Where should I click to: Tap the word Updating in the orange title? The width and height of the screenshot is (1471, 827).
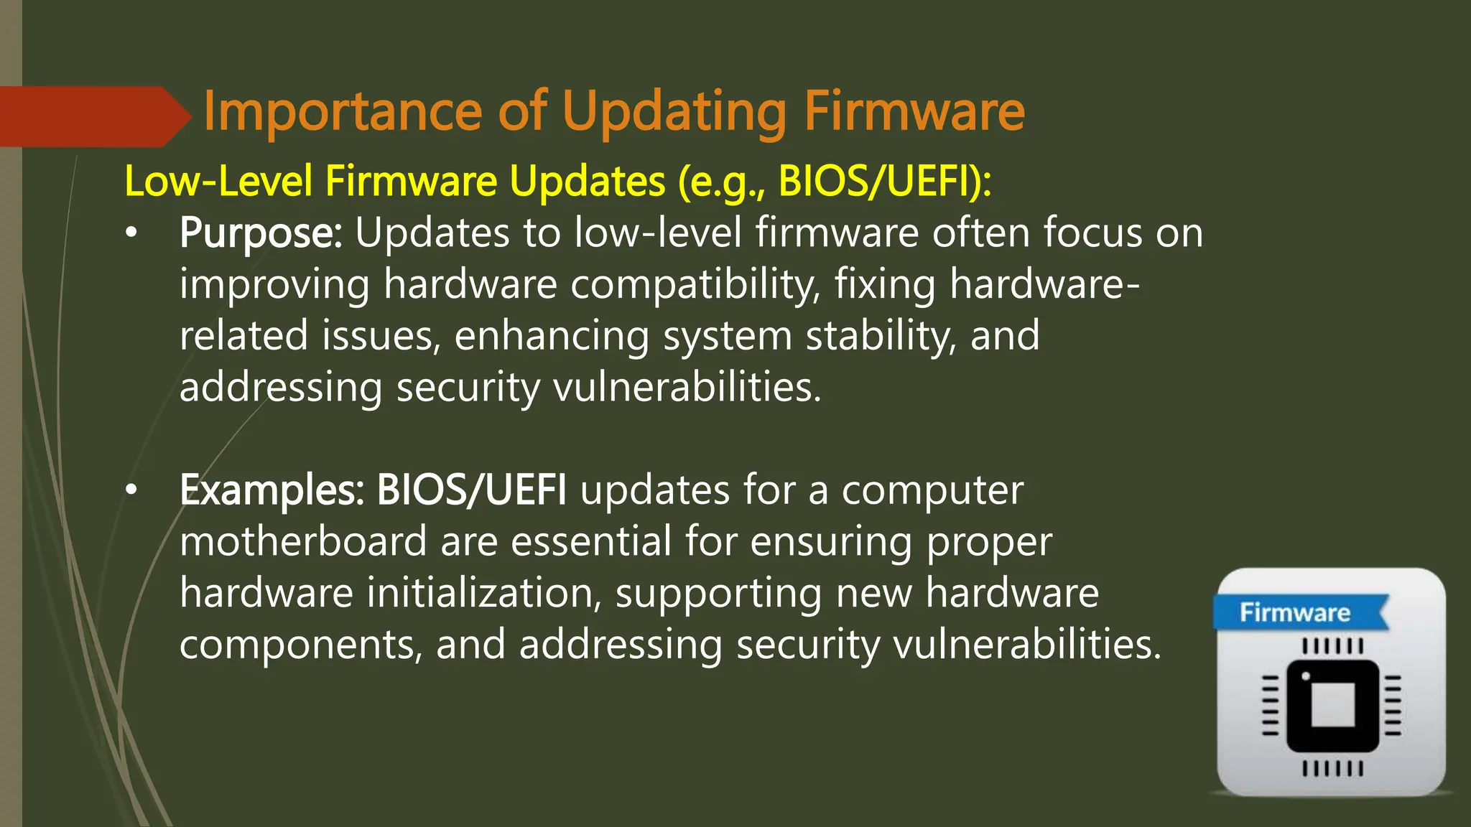pyautogui.click(x=674, y=113)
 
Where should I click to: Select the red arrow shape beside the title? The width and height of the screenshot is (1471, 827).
pyautogui.click(x=93, y=116)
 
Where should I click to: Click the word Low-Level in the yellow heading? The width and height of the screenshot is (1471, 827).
pyautogui.click(x=218, y=181)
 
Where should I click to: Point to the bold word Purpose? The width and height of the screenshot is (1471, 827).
pyautogui.click(x=261, y=234)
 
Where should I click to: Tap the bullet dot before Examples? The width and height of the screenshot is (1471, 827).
pyautogui.click(x=130, y=490)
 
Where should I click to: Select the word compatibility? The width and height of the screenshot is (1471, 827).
pyautogui.click(x=695, y=285)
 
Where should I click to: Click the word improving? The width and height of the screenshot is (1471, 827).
pyautogui.click(x=274, y=285)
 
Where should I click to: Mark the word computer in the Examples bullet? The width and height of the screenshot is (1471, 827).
pyautogui.click(x=932, y=490)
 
